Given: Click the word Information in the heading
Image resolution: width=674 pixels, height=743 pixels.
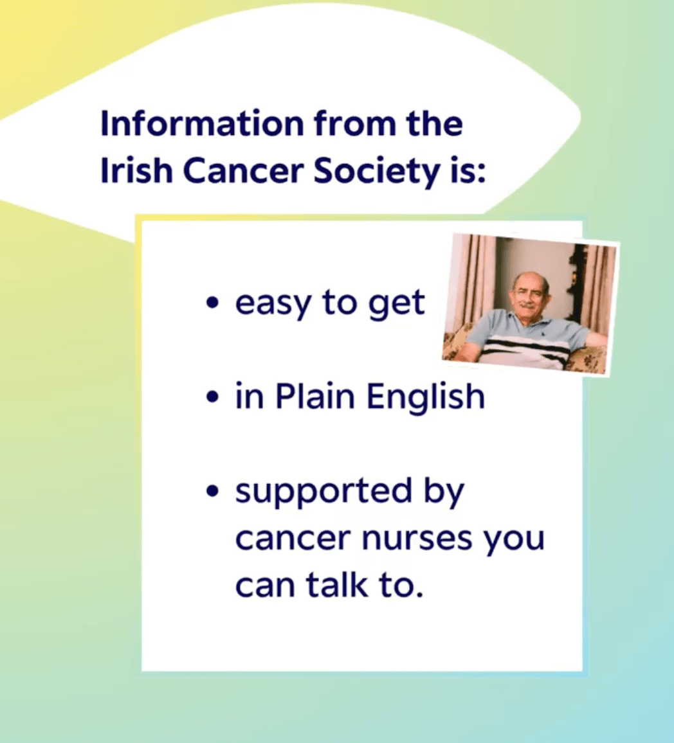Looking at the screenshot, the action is [203, 124].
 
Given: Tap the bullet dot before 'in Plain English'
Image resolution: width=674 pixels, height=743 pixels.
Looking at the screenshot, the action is [214, 397].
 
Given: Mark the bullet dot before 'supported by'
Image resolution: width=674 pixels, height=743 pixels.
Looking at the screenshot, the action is [214, 491].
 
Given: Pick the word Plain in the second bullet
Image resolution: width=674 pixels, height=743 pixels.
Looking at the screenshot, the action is [314, 396].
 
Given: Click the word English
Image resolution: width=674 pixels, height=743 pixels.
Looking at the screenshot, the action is [425, 397].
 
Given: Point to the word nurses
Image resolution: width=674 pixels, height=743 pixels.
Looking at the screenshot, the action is [417, 539].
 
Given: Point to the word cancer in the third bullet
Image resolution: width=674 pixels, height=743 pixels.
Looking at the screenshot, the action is [292, 539].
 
